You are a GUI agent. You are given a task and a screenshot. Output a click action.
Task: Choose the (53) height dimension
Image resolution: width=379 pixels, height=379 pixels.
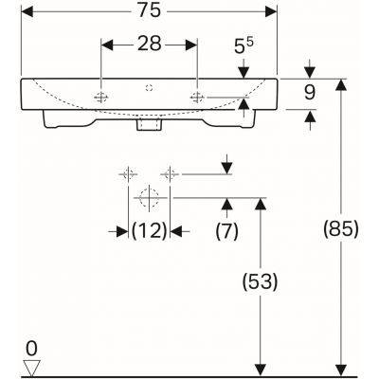(x=259, y=281)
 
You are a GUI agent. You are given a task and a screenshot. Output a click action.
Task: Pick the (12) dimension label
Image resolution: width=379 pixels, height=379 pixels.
(x=148, y=231)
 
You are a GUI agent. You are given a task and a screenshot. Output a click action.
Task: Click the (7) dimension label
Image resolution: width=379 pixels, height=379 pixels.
(x=226, y=231)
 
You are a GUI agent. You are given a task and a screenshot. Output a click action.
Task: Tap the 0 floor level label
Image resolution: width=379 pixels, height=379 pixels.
(x=32, y=347)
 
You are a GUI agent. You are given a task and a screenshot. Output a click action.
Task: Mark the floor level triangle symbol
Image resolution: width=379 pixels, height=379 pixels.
(x=32, y=365)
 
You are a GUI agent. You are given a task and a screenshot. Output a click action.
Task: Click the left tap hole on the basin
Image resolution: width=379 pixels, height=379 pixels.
(x=101, y=98)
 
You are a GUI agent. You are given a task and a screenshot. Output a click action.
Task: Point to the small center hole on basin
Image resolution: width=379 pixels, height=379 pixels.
(x=149, y=86)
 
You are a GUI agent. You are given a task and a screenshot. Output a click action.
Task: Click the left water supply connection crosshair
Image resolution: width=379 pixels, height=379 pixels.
(x=125, y=174)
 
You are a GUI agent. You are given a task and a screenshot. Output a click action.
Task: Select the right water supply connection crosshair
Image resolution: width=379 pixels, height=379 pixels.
(x=171, y=174)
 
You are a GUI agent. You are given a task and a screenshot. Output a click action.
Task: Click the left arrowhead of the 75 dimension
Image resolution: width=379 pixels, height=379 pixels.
(x=27, y=12)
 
